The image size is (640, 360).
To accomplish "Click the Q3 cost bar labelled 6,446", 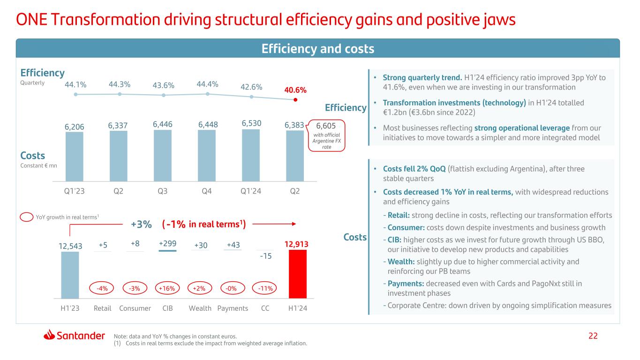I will (x=163, y=156).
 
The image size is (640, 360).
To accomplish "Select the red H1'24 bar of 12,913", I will (x=298, y=274).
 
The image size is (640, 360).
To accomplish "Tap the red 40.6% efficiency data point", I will (x=295, y=99).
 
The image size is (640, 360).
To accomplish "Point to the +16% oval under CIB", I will (x=166, y=288).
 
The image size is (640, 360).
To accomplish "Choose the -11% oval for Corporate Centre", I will (x=264, y=288).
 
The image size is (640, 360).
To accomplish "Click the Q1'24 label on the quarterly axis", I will (x=251, y=192).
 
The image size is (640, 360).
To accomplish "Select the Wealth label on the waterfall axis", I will (x=200, y=308).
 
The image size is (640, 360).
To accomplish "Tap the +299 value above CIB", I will (x=167, y=244).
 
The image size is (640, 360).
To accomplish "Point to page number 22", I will (x=594, y=336).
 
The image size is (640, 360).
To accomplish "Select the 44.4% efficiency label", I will (x=207, y=84).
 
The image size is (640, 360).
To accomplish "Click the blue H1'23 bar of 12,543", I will (x=70, y=275).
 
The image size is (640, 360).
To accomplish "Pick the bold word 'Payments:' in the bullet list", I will (x=406, y=284).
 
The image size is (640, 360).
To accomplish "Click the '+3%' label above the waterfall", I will (x=141, y=225).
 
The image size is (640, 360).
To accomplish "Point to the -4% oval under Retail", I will (x=102, y=288).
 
